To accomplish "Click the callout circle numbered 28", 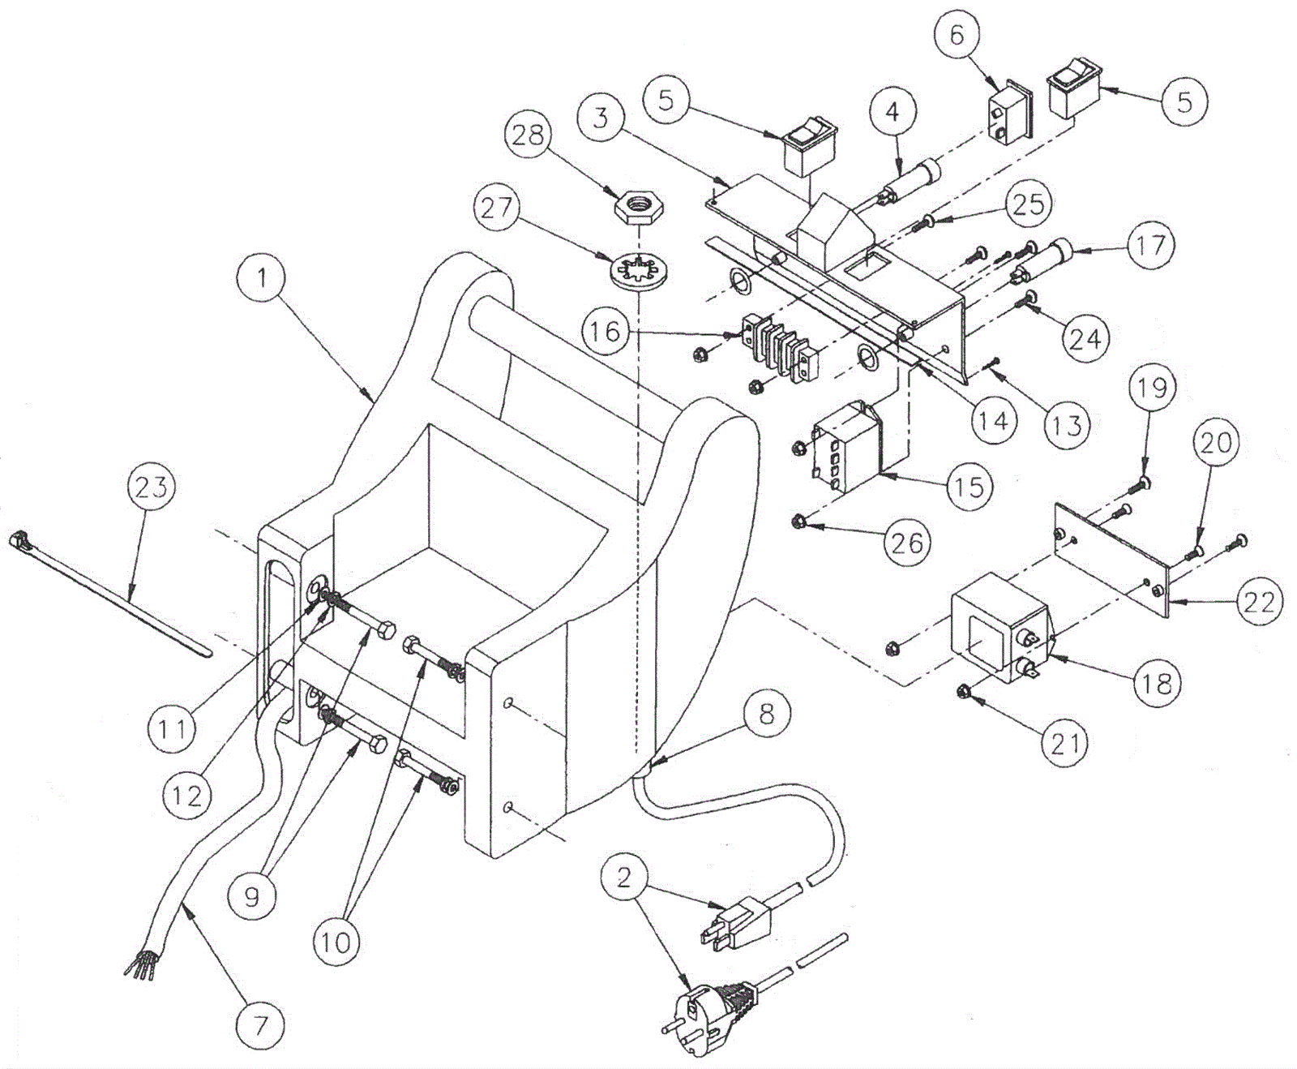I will click(x=528, y=135).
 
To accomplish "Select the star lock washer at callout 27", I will click(x=638, y=271).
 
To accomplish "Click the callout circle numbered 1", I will click(x=261, y=279).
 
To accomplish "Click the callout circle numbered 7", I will click(x=260, y=1027).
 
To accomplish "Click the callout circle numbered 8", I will click(x=766, y=714).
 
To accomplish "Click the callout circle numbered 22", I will click(x=1259, y=602).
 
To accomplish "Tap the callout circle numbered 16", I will click(x=605, y=332).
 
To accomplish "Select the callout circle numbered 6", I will click(x=957, y=36).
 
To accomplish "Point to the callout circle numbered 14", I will click(x=993, y=421).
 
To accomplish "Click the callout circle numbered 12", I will click(x=187, y=796).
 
